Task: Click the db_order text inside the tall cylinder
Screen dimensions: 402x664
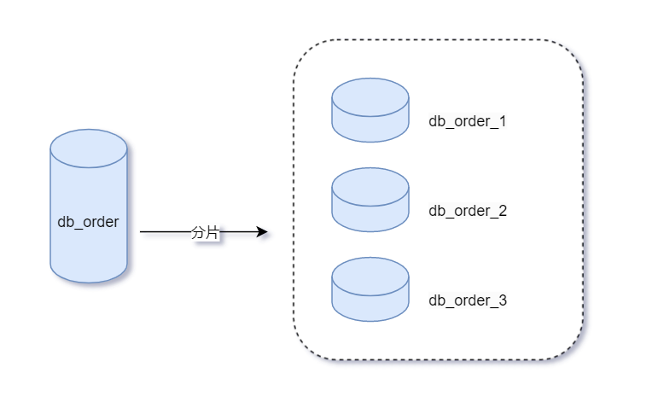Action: pyautogui.click(x=88, y=223)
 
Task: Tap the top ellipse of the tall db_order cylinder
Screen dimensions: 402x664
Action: pyautogui.click(x=89, y=149)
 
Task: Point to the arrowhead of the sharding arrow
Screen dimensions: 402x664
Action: pyautogui.click(x=263, y=232)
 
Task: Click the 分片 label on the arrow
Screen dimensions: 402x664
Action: pyautogui.click(x=205, y=232)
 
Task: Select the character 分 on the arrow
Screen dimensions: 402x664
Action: pyautogui.click(x=199, y=232)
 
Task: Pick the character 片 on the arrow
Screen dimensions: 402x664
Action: pyautogui.click(x=212, y=232)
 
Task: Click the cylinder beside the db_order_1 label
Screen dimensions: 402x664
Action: pyautogui.click(x=370, y=111)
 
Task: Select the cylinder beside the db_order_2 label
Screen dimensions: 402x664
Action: pyautogui.click(x=370, y=201)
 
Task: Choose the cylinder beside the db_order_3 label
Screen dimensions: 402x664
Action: pyautogui.click(x=370, y=290)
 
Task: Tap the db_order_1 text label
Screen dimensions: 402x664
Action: pyautogui.click(x=467, y=121)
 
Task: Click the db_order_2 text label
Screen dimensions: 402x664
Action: pyautogui.click(x=467, y=211)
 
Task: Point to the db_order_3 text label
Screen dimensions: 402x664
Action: pyautogui.click(x=467, y=300)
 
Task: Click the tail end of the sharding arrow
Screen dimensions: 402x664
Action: pyautogui.click(x=143, y=232)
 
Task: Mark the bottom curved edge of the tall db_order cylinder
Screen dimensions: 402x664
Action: pyautogui.click(x=89, y=281)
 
